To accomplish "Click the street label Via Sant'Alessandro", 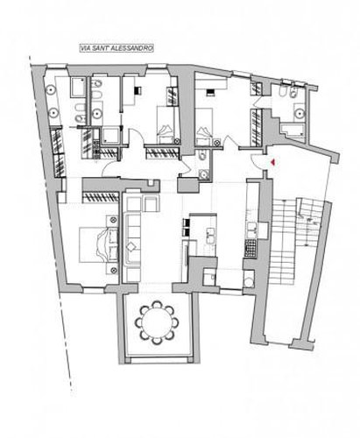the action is (116, 48).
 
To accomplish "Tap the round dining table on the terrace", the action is (157, 322).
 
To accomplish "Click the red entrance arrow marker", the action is (273, 162).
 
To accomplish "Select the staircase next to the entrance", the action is (295, 241).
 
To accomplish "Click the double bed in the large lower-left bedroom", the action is (99, 244).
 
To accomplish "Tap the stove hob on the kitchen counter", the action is (251, 248).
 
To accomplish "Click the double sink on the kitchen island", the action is (211, 236).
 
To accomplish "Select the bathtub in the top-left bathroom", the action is (78, 87).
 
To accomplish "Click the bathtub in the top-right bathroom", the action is (293, 130).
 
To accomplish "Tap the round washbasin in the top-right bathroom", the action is (299, 113).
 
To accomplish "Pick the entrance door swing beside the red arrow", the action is (257, 161).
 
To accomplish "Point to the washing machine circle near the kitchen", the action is (249, 282).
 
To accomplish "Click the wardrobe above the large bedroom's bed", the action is (101, 197).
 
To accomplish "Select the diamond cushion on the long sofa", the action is (131, 247).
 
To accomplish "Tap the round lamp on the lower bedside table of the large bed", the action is (114, 271).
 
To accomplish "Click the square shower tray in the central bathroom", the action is (109, 135).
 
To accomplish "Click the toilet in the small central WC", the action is (201, 157).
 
